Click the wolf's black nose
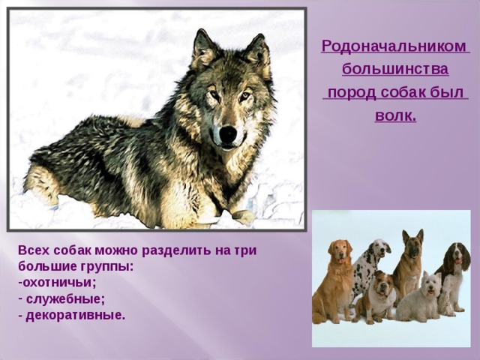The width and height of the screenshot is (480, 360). coord(227,133)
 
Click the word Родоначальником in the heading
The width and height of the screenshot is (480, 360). coord(395,46)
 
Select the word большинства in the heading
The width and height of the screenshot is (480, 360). coord(395,70)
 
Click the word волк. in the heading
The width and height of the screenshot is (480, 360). coord(395,118)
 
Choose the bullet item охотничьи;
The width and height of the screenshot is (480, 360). coord(59,283)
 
